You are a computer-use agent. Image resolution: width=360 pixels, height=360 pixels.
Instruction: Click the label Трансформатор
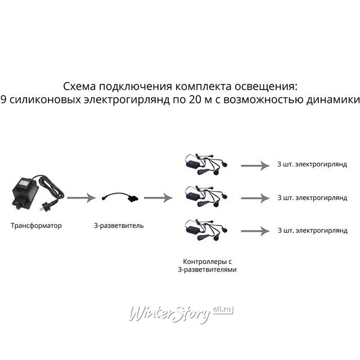(x=36, y=226)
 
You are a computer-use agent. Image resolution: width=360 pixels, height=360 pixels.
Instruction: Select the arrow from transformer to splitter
(x=82, y=198)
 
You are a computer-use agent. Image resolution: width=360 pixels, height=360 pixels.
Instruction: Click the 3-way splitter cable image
(x=120, y=197)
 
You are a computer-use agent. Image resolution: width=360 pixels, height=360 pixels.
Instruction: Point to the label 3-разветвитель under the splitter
(x=119, y=226)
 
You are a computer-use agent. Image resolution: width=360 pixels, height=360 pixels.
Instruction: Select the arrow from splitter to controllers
(x=158, y=198)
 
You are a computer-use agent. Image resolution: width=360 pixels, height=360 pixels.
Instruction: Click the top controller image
(x=206, y=164)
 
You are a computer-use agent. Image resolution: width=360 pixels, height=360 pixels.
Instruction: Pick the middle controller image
(x=206, y=197)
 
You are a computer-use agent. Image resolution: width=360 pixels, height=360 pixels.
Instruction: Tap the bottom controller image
(x=206, y=230)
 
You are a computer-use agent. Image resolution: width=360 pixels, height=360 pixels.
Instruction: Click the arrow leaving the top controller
(x=255, y=165)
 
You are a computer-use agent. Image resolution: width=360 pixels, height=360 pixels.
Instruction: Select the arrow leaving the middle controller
(x=255, y=198)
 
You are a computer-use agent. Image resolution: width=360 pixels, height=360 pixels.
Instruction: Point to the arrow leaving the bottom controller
(x=255, y=231)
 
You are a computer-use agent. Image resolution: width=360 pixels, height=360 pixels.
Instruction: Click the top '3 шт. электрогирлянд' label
(x=312, y=164)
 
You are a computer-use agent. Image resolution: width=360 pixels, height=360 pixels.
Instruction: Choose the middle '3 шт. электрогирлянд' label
(x=312, y=197)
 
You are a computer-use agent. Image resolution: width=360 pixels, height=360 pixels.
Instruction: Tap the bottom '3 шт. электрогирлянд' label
(x=313, y=230)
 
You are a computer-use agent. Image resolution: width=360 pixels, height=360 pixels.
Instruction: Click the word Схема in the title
(x=79, y=87)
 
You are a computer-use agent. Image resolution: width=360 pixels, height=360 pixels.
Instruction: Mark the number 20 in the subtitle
(x=196, y=100)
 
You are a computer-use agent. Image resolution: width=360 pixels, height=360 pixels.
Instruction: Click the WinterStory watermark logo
(x=181, y=314)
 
